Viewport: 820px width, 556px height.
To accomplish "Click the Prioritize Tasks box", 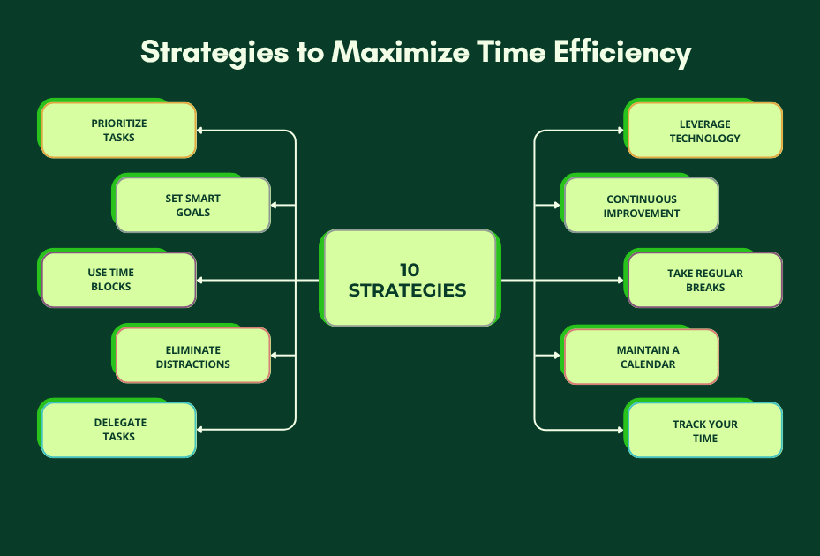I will (x=118, y=131).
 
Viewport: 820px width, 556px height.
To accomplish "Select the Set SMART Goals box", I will (x=192, y=205).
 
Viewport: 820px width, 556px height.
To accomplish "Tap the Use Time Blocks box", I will (x=118, y=280).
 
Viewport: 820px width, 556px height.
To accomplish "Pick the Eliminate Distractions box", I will (x=192, y=356).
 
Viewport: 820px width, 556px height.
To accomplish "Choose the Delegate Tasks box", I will (x=118, y=429).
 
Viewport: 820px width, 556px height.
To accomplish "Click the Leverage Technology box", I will (x=704, y=131).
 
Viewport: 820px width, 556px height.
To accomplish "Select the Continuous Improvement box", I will (x=641, y=206).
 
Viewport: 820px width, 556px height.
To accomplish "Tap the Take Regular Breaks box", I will (x=704, y=280).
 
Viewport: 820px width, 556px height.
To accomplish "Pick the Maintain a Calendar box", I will (x=641, y=356).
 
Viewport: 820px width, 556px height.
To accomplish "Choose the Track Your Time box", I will (x=704, y=430).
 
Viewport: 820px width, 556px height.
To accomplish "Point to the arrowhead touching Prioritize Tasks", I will (x=200, y=131).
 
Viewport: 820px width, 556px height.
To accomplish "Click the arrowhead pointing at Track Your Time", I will (x=621, y=430).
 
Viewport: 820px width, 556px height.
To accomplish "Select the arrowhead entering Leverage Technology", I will (x=621, y=131).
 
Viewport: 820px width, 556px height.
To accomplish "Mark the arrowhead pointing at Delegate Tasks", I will (x=200, y=430).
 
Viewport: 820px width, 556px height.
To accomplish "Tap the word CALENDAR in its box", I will (x=648, y=364).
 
